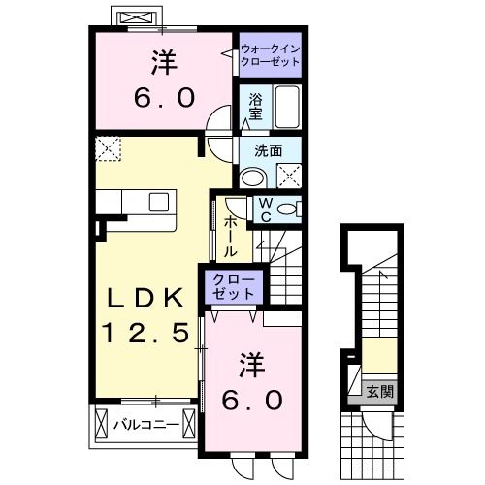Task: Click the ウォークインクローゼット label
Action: tap(269, 54)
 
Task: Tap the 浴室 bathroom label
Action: tap(255, 106)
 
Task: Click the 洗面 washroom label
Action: tap(268, 150)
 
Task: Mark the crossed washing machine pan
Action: tap(288, 175)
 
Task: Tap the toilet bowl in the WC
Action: tap(289, 210)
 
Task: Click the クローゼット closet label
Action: tap(234, 286)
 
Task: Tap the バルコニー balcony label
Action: tap(144, 424)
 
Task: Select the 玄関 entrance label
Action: tap(380, 392)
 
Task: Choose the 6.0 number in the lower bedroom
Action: tap(255, 399)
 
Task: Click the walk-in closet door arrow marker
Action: tap(235, 49)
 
